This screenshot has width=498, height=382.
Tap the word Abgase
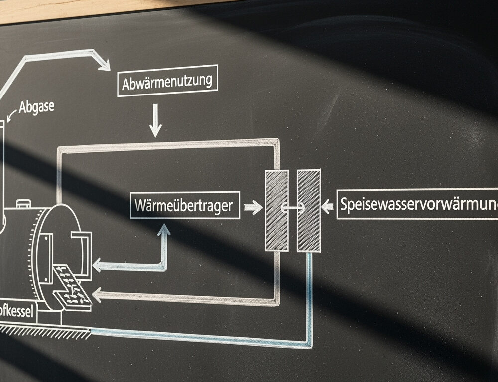pyautogui.click(x=36, y=107)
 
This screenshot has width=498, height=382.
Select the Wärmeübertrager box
pyautogui.click(x=185, y=205)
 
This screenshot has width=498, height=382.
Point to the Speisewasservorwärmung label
pyautogui.click(x=417, y=204)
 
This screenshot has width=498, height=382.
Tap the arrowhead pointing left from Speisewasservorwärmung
pyautogui.click(x=327, y=206)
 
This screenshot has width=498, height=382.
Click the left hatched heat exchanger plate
pyautogui.click(x=276, y=210)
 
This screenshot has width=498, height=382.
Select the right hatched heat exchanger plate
pyautogui.click(x=309, y=210)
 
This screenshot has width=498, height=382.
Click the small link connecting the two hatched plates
pyautogui.click(x=293, y=208)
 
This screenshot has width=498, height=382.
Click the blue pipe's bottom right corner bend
pyautogui.click(x=309, y=343)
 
